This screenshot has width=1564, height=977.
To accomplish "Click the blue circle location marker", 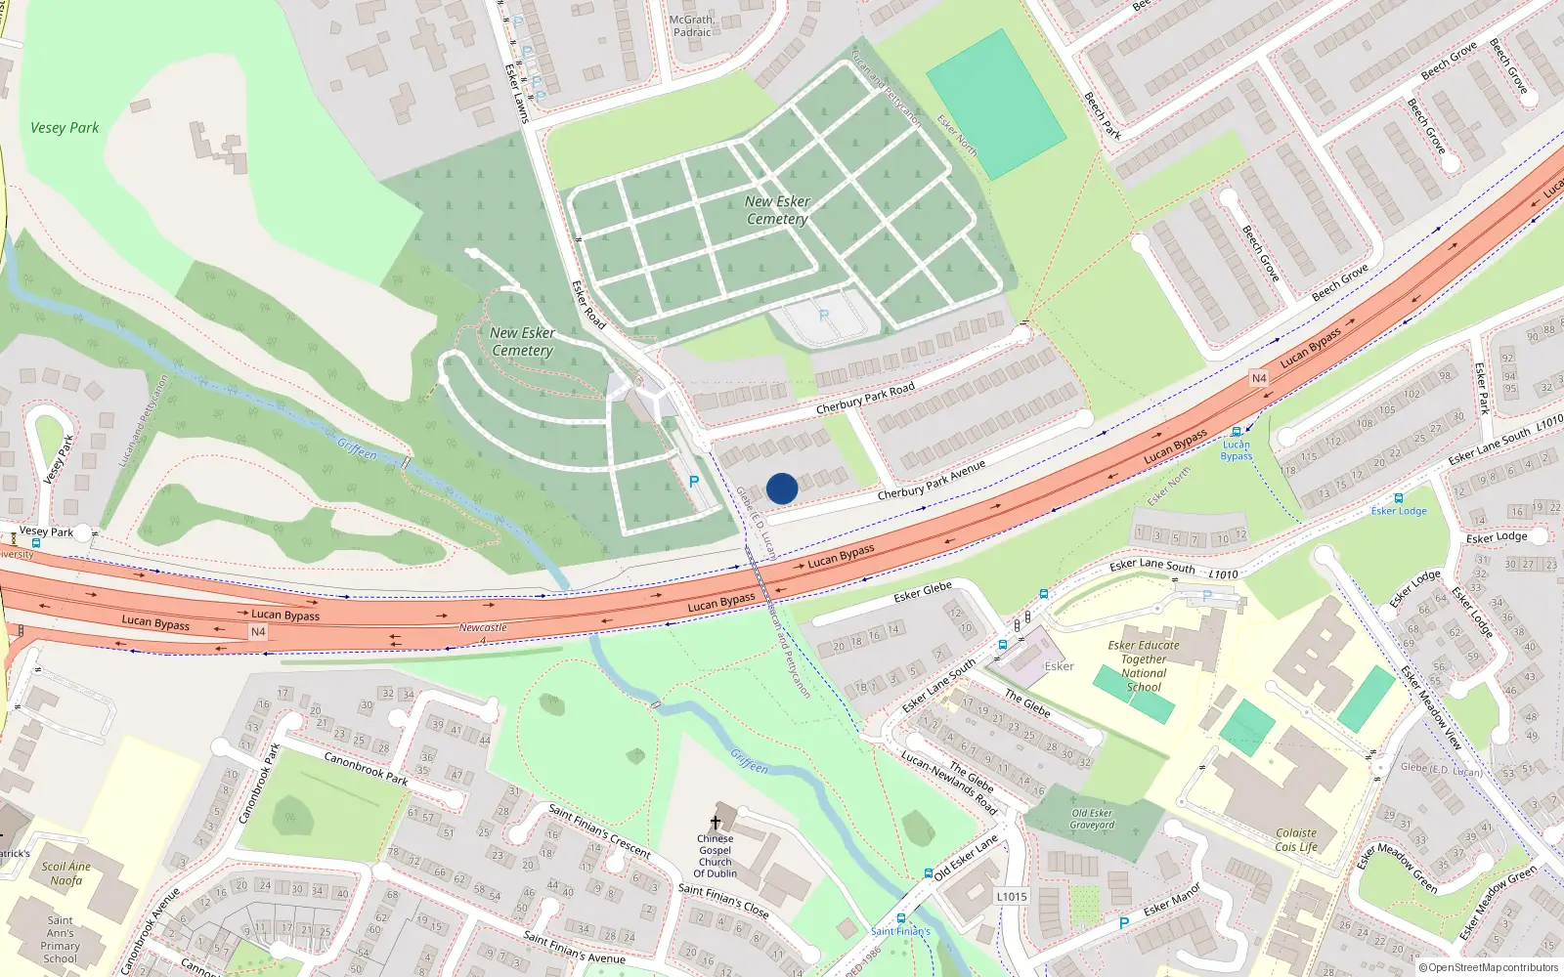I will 782,488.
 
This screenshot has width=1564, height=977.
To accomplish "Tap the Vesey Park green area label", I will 65,128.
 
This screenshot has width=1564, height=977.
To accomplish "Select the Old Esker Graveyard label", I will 1092,819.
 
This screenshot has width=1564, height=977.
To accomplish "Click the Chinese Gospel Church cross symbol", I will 716,823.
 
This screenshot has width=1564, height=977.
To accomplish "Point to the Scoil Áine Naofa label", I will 66,873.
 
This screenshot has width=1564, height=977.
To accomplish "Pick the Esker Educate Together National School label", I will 1144,666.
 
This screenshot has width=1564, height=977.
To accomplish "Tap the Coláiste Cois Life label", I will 1296,840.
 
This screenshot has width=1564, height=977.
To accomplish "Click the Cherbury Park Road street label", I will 865,398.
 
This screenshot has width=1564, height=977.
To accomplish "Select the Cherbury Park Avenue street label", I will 931,481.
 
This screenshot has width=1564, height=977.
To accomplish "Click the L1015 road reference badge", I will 1012,896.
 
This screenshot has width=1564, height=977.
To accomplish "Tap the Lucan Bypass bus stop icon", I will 1237,432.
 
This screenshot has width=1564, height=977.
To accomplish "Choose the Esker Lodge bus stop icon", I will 1398,498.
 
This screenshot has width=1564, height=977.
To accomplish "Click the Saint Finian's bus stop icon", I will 900,917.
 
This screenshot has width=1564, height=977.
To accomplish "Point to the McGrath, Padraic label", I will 692,25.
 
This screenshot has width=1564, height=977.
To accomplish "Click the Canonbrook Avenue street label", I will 151,931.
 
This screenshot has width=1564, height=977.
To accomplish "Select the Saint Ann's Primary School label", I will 60,939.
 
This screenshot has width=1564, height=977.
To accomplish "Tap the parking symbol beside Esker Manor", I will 1124,923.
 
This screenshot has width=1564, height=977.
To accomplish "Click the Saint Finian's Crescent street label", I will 599,830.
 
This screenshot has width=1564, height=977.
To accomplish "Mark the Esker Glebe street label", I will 922,591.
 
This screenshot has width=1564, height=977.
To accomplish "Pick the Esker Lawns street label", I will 516,93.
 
